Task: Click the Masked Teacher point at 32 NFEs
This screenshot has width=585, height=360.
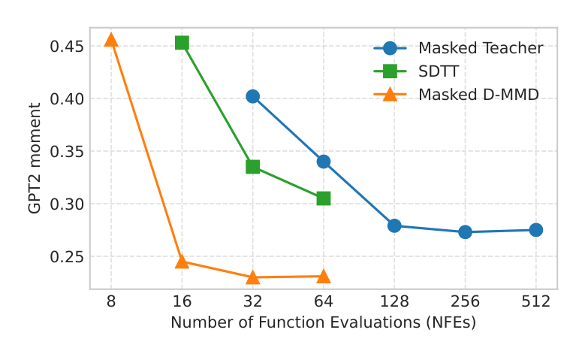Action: (252, 96)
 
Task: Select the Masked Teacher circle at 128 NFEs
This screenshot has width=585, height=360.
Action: (394, 225)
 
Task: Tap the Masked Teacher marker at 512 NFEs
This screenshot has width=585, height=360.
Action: (535, 230)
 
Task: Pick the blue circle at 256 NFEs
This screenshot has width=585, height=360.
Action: (465, 232)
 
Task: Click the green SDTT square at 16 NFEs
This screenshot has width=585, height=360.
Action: (182, 43)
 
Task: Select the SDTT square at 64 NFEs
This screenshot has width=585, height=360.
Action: (324, 198)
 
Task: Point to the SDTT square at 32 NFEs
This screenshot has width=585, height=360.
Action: (252, 167)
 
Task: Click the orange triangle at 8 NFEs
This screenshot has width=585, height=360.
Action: (111, 40)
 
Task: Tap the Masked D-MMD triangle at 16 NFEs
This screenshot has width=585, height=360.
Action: (182, 262)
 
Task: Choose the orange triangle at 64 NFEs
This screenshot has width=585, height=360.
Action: (324, 277)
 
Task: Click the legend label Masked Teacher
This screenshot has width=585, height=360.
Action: (481, 48)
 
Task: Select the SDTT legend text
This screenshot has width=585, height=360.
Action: (439, 71)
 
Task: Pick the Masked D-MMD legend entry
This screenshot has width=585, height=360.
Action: (478, 95)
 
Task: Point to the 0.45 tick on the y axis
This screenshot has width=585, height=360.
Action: (65, 47)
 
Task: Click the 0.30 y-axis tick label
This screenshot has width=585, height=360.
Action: (65, 204)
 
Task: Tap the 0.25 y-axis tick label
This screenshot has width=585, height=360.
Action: (65, 257)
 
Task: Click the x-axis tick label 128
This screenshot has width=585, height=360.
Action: (394, 302)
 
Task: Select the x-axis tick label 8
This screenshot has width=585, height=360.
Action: (111, 302)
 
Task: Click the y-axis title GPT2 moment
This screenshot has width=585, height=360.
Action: (35, 158)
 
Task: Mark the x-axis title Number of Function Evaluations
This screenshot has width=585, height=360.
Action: (323, 322)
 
